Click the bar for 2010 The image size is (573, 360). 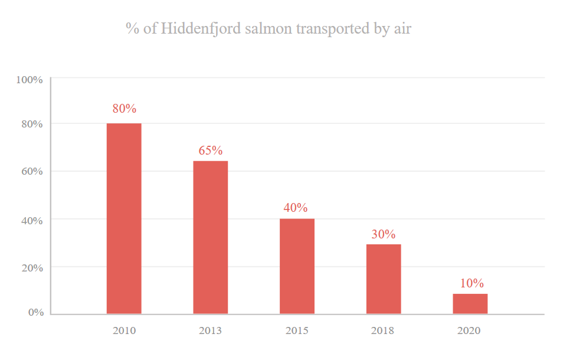[x=124, y=218]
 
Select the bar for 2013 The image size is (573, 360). [x=211, y=237]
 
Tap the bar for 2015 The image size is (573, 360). [x=297, y=266]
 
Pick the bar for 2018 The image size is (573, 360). [x=384, y=279]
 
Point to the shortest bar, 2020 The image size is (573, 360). [x=470, y=304]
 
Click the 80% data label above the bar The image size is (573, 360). [x=125, y=109]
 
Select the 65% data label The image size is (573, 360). [x=210, y=150]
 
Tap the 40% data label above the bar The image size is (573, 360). [x=296, y=208]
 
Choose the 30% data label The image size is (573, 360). [x=383, y=234]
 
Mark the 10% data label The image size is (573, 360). [x=472, y=283]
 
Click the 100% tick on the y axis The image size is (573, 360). [x=30, y=79]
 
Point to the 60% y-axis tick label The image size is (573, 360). [x=32, y=172]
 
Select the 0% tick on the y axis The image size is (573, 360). [x=36, y=312]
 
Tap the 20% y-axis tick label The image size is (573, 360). [x=32, y=267]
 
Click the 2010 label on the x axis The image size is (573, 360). [x=124, y=330]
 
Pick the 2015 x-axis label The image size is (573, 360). [x=297, y=330]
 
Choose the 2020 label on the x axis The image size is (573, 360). [x=469, y=330]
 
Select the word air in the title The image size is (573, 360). [x=401, y=28]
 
